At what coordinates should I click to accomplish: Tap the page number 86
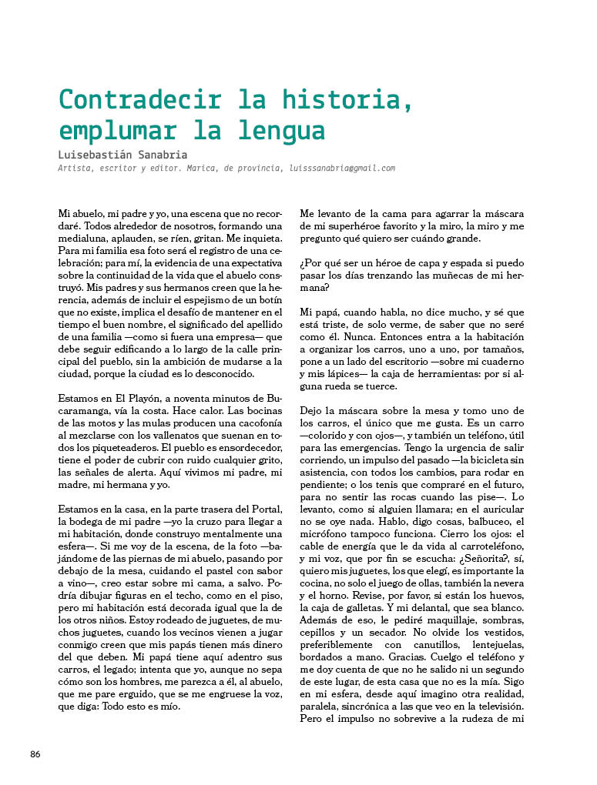tap(35, 753)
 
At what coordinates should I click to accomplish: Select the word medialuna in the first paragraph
tap(84, 239)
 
